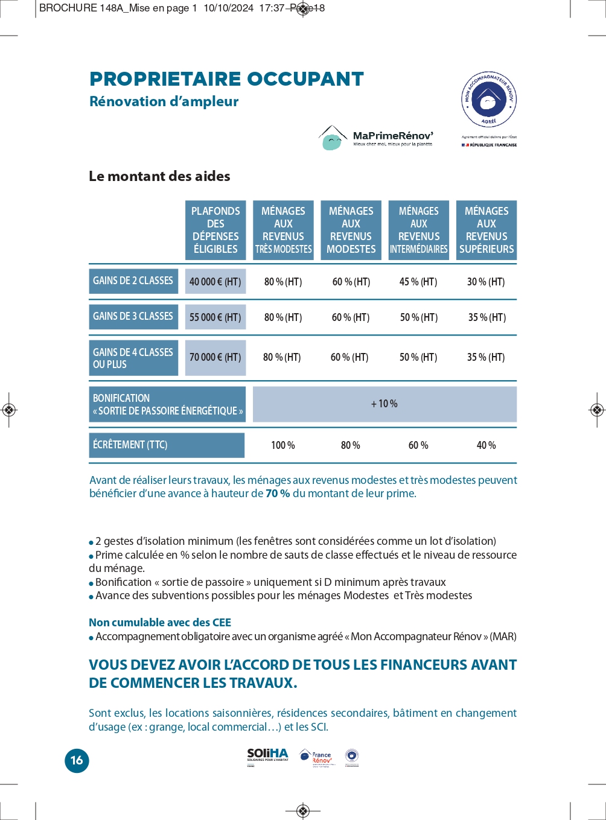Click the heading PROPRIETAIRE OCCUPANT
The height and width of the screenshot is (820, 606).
pos(226,79)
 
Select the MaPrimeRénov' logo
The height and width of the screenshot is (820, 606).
pos(376,138)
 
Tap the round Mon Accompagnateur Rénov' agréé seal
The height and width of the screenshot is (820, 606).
pos(488,100)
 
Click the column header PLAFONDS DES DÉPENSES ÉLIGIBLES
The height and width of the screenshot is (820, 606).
pos(215,230)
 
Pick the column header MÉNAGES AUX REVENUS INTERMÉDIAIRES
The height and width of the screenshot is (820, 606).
pos(419,230)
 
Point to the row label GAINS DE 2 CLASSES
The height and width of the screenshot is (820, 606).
pos(133,281)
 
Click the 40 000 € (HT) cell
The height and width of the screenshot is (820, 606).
pos(215,282)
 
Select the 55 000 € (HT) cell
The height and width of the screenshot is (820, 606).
pos(215,317)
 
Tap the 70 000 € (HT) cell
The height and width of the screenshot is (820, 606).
pos(215,357)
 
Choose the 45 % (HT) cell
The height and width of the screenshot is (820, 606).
pos(418,282)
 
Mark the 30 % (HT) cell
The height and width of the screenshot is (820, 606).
pos(486,282)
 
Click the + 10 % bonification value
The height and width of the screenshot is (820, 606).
pos(384,404)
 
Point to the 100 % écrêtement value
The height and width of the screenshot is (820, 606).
pos(283,445)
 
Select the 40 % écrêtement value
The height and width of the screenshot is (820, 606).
pos(486,445)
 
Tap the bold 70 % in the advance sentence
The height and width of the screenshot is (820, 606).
pos(278,494)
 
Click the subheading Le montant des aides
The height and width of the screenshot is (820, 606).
pos(159,176)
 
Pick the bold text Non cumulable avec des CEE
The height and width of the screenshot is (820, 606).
pos(160,623)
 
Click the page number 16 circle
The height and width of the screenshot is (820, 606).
pos(77,760)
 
